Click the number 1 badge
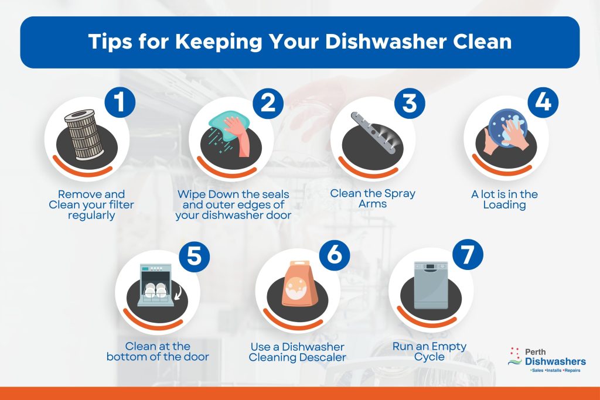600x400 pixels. [120, 102]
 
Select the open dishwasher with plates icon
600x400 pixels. [155, 285]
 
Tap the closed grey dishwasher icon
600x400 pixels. [431, 285]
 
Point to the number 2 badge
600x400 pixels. [268, 102]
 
